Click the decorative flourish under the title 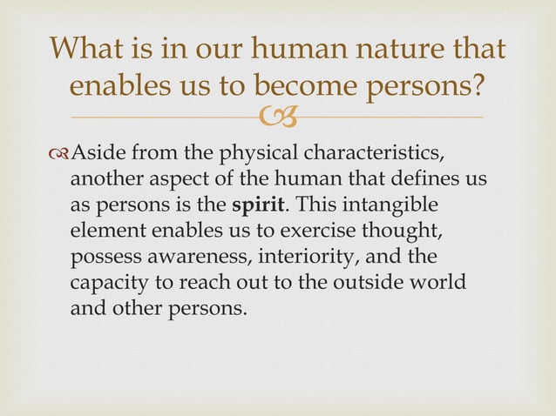[278, 117]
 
